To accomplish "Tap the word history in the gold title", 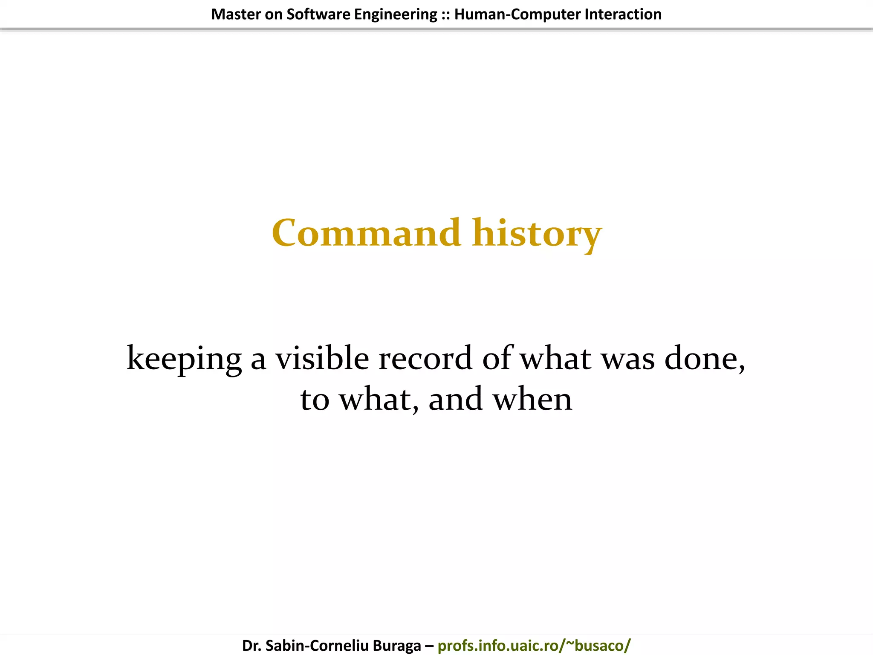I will pyautogui.click(x=537, y=234).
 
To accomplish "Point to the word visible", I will pyautogui.click(x=322, y=358).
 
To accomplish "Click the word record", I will pyautogui.click(x=425, y=358).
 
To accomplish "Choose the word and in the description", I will pyautogui.click(x=455, y=400).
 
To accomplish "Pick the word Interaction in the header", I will pyautogui.click(x=623, y=14).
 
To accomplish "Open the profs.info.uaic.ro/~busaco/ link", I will pyautogui.click(x=534, y=646).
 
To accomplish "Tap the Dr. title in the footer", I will pyautogui.click(x=251, y=646).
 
